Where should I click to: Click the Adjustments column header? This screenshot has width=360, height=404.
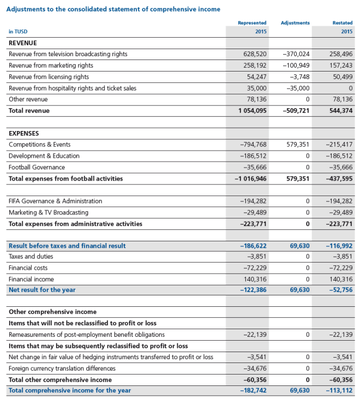click(295, 23)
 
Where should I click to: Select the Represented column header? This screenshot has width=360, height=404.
click(252, 23)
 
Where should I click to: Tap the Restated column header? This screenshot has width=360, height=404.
click(343, 23)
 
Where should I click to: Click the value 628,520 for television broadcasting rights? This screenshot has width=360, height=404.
click(255, 54)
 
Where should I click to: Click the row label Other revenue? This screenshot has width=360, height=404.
click(28, 99)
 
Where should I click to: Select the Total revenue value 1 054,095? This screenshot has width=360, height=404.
click(250, 111)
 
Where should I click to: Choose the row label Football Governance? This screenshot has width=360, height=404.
click(37, 167)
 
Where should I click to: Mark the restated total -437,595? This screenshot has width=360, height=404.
click(339, 179)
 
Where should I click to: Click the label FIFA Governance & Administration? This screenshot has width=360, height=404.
click(55, 201)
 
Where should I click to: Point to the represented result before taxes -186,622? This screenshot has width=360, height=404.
click(253, 246)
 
